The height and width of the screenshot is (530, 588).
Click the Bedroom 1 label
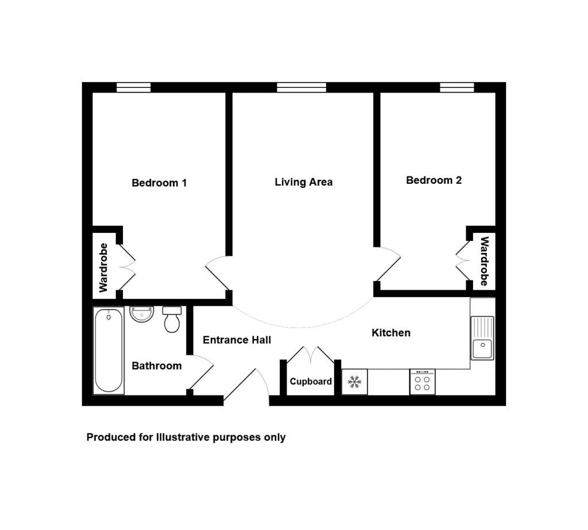(x=159, y=183)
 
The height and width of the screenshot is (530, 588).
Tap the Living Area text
(x=304, y=182)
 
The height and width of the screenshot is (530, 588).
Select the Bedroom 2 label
(x=434, y=180)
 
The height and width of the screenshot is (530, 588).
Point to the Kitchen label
(x=391, y=333)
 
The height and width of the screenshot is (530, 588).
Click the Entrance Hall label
(x=237, y=340)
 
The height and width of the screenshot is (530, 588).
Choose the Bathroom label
(x=157, y=366)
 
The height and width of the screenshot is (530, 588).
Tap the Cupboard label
(x=311, y=382)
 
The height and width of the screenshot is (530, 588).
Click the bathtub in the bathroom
(x=109, y=351)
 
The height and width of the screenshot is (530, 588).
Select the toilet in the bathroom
(x=172, y=320)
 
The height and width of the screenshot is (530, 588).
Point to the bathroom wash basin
(x=142, y=314)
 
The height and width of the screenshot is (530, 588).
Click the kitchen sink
(x=482, y=338)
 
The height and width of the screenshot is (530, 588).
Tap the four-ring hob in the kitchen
(x=423, y=382)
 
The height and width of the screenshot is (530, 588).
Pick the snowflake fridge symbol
(x=354, y=382)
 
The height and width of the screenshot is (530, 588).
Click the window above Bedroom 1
(x=133, y=87)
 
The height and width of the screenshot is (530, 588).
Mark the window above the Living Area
(x=301, y=87)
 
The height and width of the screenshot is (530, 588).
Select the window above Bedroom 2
(x=457, y=87)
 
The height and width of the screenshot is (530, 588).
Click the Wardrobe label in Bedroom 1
(x=103, y=268)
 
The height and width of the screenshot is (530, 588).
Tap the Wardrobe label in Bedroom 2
(x=485, y=261)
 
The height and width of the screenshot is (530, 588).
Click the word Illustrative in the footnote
(x=183, y=437)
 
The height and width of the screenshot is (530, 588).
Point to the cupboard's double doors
(x=311, y=355)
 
